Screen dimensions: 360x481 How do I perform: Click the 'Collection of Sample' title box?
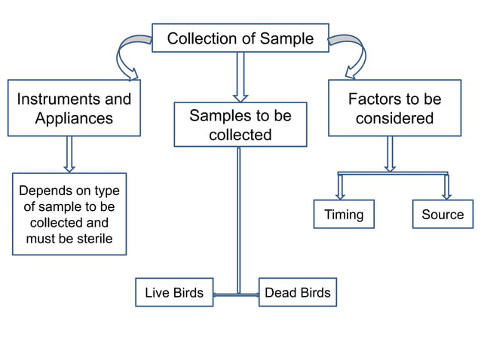(x=240, y=38)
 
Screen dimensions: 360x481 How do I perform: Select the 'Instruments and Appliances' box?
(x=74, y=108)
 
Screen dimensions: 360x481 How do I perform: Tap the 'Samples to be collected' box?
(x=240, y=125)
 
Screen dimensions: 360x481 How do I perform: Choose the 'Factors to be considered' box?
(x=394, y=108)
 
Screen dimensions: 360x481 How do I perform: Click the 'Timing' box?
(x=344, y=215)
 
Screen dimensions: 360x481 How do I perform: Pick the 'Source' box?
(x=443, y=215)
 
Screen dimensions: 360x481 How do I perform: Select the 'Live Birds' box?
(x=174, y=293)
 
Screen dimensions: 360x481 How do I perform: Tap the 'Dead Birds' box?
(x=297, y=293)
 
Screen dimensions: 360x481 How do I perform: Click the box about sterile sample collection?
(x=69, y=214)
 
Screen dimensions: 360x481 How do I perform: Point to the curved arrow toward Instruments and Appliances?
(x=124, y=56)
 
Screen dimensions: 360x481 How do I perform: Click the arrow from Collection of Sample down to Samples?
(x=240, y=76)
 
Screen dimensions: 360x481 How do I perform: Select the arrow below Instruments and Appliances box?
(x=69, y=154)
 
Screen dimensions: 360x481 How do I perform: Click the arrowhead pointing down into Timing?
(x=341, y=193)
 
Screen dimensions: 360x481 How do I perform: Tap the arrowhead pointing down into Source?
(x=446, y=193)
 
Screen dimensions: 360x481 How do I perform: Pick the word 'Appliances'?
(x=74, y=119)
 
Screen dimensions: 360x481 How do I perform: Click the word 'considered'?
(x=394, y=119)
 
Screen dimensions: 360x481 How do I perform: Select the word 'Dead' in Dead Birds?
(x=280, y=293)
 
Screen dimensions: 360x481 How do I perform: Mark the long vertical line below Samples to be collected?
(x=238, y=218)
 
